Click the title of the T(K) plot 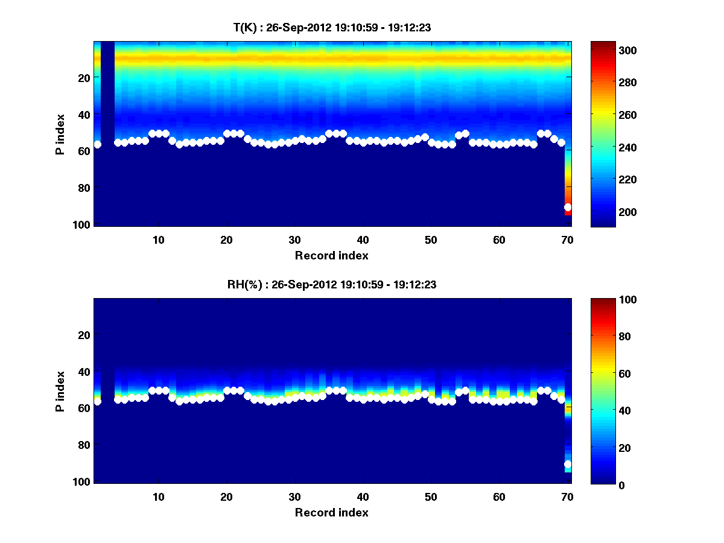pos(331,27)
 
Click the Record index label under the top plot pos(331,256)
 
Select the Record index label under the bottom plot pos(331,513)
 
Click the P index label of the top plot pos(60,134)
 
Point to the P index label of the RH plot pos(60,391)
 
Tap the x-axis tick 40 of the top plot pos(363,240)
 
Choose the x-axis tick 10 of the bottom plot pos(158,497)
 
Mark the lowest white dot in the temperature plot pos(568,207)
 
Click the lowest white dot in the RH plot pos(568,464)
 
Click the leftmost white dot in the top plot pos(98,145)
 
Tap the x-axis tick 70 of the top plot pos(567,240)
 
